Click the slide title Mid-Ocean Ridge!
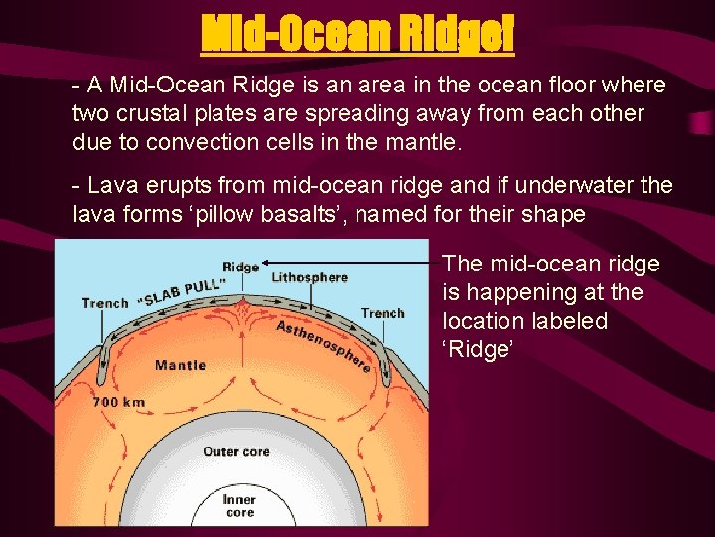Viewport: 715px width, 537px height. pos(357,36)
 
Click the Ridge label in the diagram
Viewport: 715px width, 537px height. pos(240,267)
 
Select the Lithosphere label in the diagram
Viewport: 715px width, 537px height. pos(309,277)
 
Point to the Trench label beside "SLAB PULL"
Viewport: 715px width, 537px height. pos(104,303)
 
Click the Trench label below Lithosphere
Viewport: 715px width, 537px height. pos(383,313)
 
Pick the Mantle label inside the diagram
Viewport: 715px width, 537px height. pos(180,365)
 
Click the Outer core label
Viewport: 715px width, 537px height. pos(235,451)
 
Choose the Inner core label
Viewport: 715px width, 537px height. pos(238,506)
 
